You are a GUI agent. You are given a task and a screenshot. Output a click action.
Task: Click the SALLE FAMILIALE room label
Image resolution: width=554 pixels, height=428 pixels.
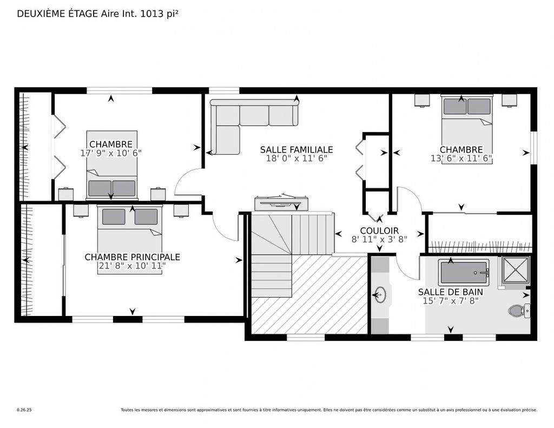click(296, 149)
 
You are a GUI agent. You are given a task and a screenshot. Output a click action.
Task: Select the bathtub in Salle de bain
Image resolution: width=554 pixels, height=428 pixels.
click(464, 272)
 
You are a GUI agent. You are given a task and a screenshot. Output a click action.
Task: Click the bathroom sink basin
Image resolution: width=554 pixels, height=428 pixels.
click(381, 295)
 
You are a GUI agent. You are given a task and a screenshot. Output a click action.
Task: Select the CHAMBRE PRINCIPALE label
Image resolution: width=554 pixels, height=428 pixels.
click(132, 257)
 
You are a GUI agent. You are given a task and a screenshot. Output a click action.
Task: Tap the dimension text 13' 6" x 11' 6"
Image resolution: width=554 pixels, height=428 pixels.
click(461, 159)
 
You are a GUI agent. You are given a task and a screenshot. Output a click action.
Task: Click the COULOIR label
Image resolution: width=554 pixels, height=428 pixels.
click(379, 231)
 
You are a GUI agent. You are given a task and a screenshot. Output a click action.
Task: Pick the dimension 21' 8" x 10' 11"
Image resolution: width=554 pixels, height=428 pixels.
click(132, 266)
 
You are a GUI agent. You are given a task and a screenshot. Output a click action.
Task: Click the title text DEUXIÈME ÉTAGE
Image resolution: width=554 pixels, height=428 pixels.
click(58, 14)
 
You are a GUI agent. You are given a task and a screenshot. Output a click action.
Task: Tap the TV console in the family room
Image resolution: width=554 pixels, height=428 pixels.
click(281, 203)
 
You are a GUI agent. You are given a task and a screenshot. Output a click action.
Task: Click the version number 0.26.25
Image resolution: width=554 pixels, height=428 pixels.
click(24, 410)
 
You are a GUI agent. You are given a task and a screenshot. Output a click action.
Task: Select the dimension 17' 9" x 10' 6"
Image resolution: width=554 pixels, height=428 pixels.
click(111, 153)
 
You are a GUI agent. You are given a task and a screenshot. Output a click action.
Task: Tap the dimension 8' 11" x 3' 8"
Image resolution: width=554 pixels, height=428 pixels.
click(379, 239)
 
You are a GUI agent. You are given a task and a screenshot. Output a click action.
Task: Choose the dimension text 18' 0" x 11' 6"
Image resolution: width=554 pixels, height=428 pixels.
click(296, 159)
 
